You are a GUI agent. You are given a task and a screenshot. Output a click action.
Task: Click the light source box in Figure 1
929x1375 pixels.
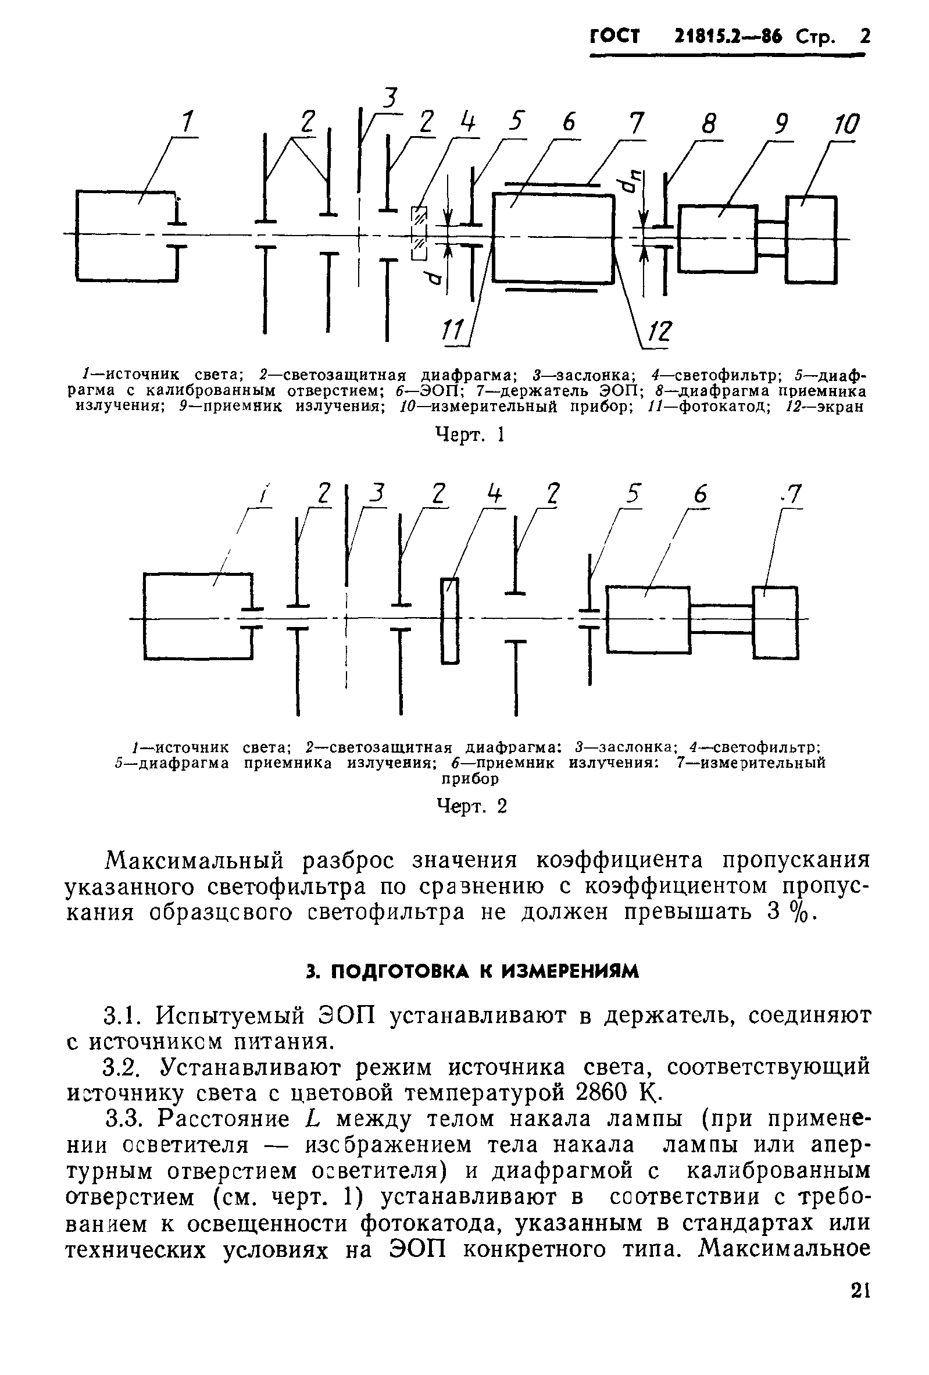point(126,236)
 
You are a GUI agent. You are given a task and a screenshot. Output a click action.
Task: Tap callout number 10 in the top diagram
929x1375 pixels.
point(845,126)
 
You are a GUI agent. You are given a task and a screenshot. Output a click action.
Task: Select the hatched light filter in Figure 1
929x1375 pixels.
point(419,233)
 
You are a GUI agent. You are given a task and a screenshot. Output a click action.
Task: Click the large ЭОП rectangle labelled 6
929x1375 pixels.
point(553,238)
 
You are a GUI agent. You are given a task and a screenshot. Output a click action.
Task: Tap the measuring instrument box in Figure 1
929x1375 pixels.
point(811,239)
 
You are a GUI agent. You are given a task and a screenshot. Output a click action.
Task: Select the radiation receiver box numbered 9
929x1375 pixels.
point(717,238)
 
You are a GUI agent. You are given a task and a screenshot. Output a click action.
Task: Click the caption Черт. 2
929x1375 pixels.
point(471,806)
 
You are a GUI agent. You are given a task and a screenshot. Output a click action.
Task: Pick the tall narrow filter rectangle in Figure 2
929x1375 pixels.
point(449,620)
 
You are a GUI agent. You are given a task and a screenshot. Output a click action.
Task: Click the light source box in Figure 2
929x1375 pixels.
point(197,616)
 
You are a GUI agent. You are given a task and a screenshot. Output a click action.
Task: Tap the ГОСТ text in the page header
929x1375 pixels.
point(615,37)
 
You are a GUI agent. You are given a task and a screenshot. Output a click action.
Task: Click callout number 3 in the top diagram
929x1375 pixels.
point(388,98)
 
